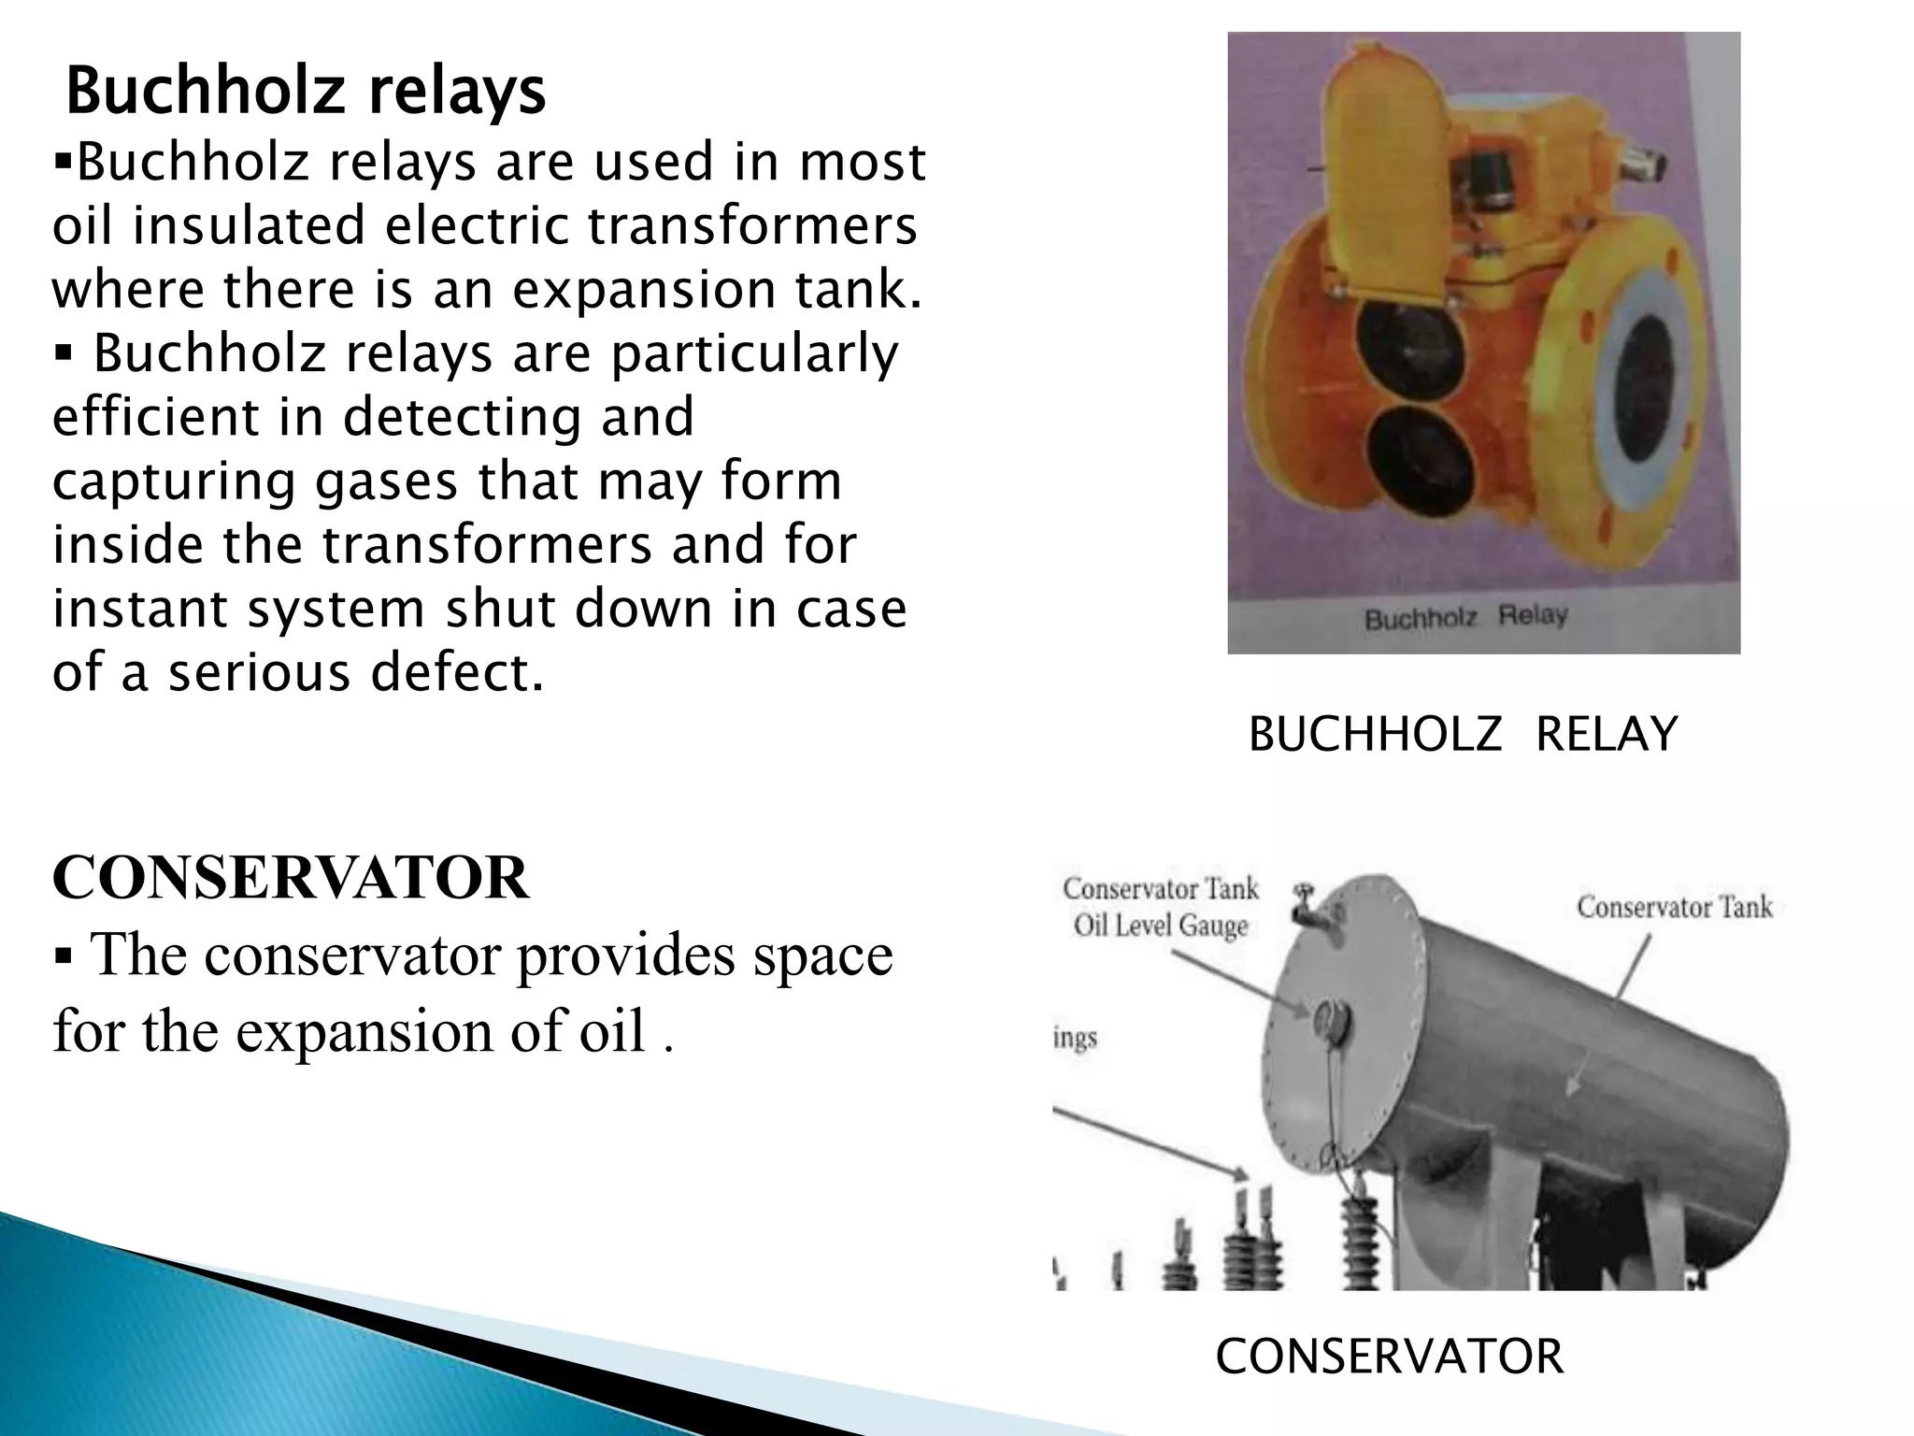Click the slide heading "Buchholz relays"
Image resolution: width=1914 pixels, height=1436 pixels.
tap(306, 92)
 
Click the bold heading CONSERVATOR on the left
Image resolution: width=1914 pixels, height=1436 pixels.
tap(291, 878)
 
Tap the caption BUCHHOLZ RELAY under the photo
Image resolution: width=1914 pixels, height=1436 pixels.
tap(1463, 734)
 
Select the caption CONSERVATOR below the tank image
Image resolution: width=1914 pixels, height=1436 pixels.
tap(1389, 1357)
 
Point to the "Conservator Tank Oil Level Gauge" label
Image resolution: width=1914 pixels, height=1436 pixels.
tap(1161, 907)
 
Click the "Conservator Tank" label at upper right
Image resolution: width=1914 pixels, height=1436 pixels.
tap(1674, 907)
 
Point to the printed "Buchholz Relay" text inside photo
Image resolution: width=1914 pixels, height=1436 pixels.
tap(1465, 618)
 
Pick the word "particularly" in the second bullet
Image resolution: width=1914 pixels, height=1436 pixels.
tap(754, 353)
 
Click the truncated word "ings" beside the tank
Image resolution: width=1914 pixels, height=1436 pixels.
tap(1076, 1039)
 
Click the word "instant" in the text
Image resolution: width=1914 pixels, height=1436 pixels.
tap(138, 609)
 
